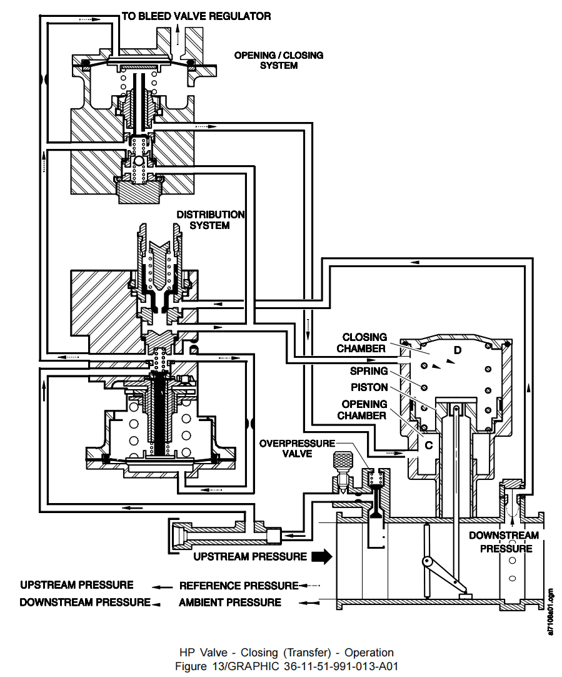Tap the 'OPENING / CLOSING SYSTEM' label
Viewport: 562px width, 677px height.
279,60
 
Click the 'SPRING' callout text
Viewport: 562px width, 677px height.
368,371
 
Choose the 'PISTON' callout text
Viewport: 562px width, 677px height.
369,387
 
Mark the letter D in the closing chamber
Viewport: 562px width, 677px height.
458,350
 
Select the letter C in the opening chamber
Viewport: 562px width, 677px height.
429,445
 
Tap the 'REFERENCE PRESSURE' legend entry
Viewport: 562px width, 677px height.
238,586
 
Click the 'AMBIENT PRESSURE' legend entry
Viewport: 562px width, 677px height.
229,603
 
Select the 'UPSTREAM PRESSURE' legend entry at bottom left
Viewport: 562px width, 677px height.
76,585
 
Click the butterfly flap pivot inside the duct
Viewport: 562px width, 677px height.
429,562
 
